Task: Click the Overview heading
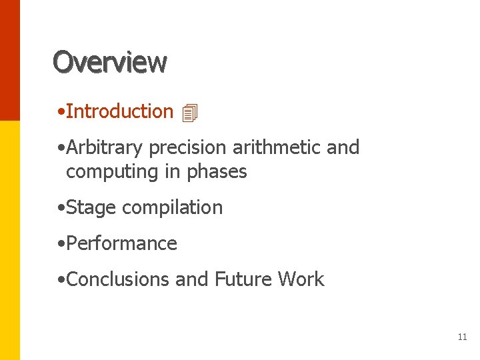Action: (110, 62)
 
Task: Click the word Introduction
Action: (119, 111)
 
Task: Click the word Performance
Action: (121, 243)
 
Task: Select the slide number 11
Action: (462, 337)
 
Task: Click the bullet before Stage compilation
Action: (61, 208)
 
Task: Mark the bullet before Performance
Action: (61, 244)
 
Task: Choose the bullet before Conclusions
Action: (61, 280)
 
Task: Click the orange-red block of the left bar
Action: (9, 60)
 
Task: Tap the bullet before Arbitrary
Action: (61, 148)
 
